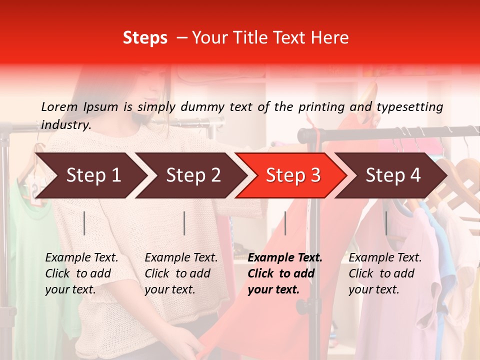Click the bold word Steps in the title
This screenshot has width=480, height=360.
(x=145, y=38)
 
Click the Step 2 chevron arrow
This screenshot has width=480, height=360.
(x=193, y=175)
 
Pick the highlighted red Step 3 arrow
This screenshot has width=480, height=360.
(x=293, y=175)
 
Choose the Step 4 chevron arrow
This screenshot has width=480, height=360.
(x=393, y=175)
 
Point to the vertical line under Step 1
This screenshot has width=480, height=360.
(x=84, y=223)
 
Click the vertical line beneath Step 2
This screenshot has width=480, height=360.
(x=184, y=223)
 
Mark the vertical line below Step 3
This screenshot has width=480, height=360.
(x=285, y=223)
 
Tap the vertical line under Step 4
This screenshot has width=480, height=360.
(x=386, y=223)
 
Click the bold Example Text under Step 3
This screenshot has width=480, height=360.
(x=285, y=258)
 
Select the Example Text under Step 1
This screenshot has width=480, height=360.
(x=81, y=258)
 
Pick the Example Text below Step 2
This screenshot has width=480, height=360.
(x=181, y=258)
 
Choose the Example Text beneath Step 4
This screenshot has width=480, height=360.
(x=385, y=258)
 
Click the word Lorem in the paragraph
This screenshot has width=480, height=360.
(x=59, y=107)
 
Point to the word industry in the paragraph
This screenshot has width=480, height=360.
(x=66, y=125)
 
